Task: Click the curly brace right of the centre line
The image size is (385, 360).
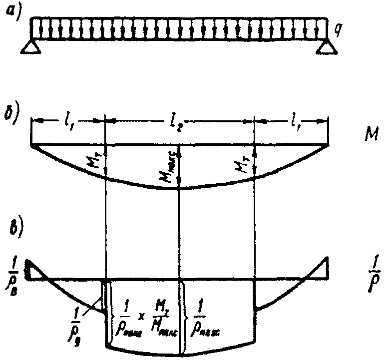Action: click(x=185, y=318)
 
